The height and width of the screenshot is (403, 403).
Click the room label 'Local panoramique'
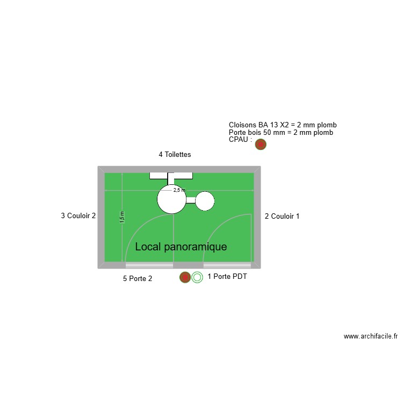[181, 247]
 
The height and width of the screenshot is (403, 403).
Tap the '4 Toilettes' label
[175, 155]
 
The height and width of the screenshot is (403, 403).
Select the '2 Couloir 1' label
[282, 217]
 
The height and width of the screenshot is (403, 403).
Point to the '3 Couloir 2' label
[78, 216]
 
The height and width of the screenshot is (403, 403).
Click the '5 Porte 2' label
[138, 278]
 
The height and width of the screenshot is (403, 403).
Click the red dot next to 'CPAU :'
[261, 144]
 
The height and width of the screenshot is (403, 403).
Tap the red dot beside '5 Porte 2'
[185, 277]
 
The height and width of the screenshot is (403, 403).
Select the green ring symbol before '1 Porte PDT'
[197, 277]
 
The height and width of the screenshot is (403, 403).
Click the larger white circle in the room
[172, 199]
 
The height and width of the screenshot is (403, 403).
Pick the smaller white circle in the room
[205, 201]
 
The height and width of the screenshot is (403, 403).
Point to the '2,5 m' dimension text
[179, 190]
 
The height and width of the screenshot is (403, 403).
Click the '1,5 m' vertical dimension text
[122, 217]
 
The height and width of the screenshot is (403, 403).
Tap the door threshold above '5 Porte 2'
[149, 265]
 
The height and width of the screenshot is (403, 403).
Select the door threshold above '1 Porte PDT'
[227, 265]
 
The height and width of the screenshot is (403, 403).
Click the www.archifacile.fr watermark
[371, 336]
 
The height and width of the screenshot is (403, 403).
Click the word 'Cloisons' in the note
[242, 125]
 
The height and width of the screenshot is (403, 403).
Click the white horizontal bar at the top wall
[171, 175]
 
